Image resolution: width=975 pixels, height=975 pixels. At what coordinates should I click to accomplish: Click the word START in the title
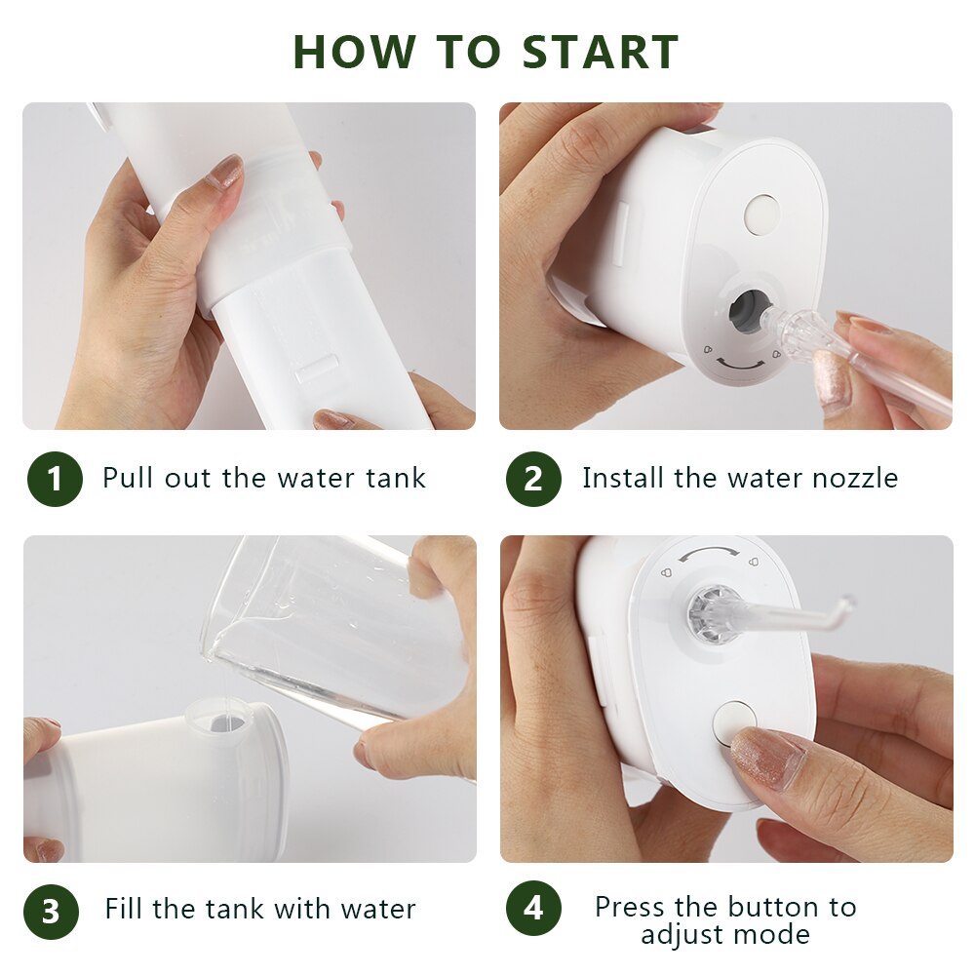click(x=600, y=52)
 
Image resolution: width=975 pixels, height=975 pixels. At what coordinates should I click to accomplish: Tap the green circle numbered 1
click(x=54, y=479)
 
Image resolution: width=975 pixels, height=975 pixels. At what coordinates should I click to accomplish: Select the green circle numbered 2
click(x=533, y=479)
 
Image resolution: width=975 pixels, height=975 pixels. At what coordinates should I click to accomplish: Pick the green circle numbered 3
click(x=51, y=911)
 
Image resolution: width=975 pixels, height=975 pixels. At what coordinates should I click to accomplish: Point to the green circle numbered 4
click(x=533, y=908)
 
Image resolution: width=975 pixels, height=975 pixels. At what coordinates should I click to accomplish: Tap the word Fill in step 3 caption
click(x=125, y=909)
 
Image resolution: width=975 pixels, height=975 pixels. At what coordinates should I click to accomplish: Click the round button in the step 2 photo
click(x=761, y=213)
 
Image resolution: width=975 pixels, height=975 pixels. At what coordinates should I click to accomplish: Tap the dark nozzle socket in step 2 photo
click(x=747, y=307)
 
